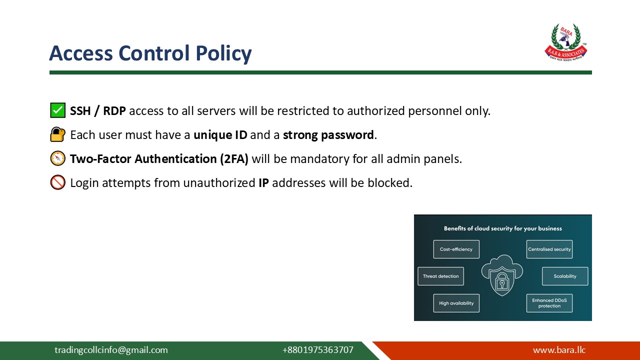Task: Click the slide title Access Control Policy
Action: (150, 53)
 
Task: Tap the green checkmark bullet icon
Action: (57, 110)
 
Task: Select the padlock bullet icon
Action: (57, 134)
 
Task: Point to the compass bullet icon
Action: (57, 158)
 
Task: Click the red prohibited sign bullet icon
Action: (57, 182)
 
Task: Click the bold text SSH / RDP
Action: (98, 110)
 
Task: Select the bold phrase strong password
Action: (328, 135)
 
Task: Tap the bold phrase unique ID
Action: (220, 135)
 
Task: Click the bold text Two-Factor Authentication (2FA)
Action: (159, 159)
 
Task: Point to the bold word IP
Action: (263, 183)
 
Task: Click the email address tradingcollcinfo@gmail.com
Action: (111, 350)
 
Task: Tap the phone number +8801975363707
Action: (317, 350)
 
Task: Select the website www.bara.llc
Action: (559, 350)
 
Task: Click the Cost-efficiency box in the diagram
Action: (456, 249)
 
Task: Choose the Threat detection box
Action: (440, 276)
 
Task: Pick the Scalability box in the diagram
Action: (565, 276)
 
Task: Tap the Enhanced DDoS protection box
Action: (549, 303)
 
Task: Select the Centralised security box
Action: (549, 249)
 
